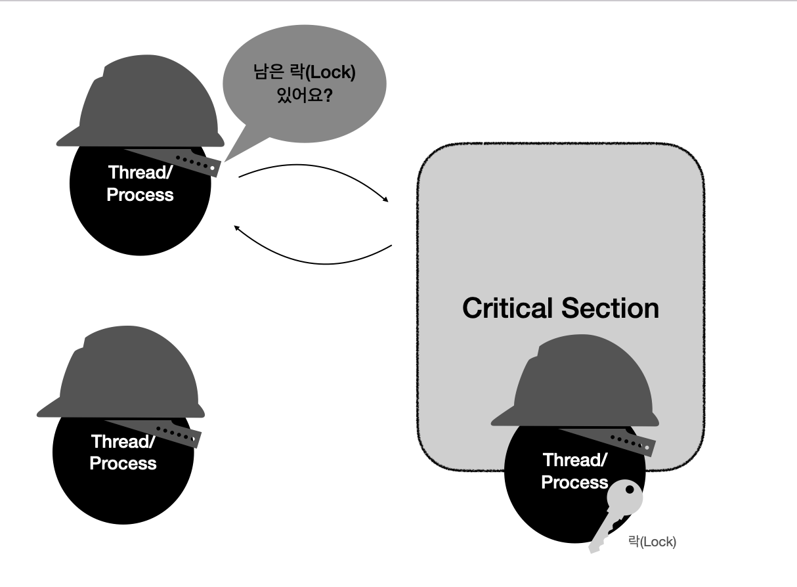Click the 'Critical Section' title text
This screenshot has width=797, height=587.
pyautogui.click(x=560, y=308)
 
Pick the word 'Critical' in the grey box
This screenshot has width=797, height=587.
pyautogui.click(x=506, y=308)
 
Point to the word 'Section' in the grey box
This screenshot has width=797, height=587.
pyautogui.click(x=610, y=308)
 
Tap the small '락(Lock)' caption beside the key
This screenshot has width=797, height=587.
pyautogui.click(x=652, y=542)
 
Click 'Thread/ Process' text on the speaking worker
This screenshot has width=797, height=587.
pyautogui.click(x=140, y=184)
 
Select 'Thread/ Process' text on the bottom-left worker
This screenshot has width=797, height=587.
pyautogui.click(x=123, y=452)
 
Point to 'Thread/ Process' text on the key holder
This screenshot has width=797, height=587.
pyautogui.click(x=574, y=471)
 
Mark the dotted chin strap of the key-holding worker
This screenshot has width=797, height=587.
pyautogui.click(x=630, y=443)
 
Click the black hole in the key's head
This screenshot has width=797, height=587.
pyautogui.click(x=630, y=489)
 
